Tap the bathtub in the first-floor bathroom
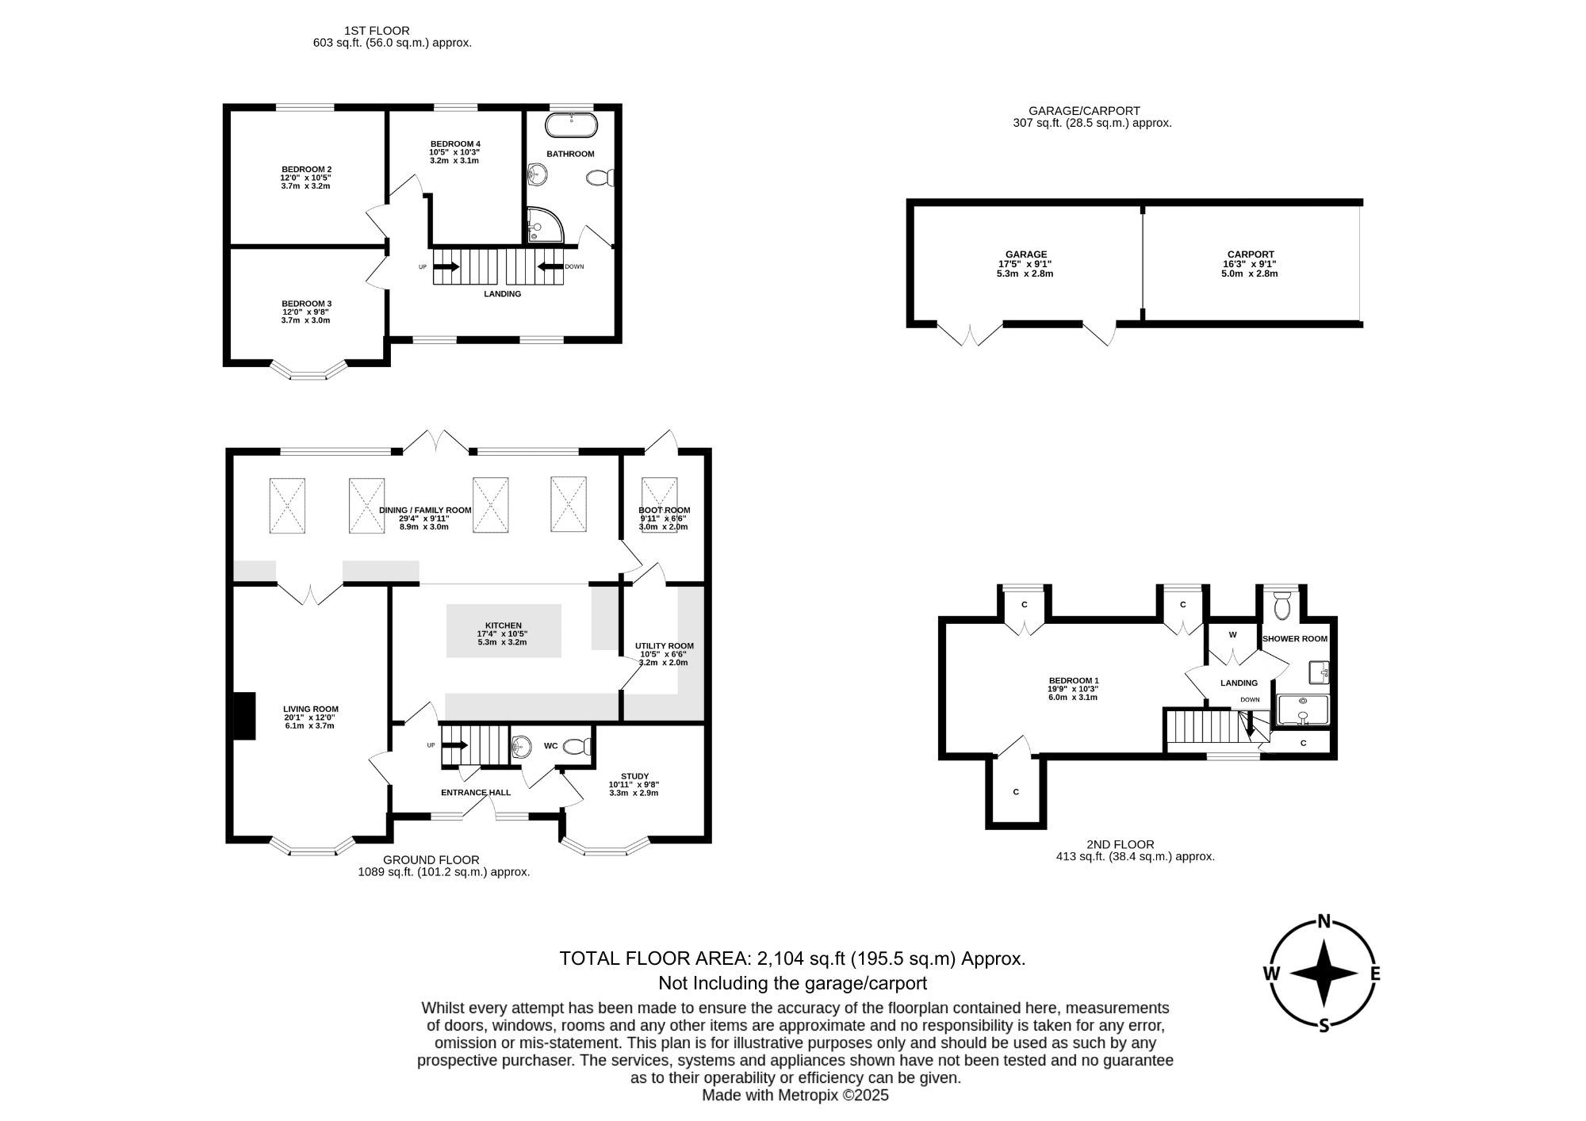pos(570,125)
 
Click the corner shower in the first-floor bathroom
pos(545,225)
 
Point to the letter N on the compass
pos(1324,920)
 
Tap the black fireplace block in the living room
pos(244,716)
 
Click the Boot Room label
pos(665,510)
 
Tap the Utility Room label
pos(665,645)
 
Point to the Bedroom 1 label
pos(1074,680)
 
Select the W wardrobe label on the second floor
pos(1233,635)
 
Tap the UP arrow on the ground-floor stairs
pos(454,745)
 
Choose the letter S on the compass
pos(1324,1026)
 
